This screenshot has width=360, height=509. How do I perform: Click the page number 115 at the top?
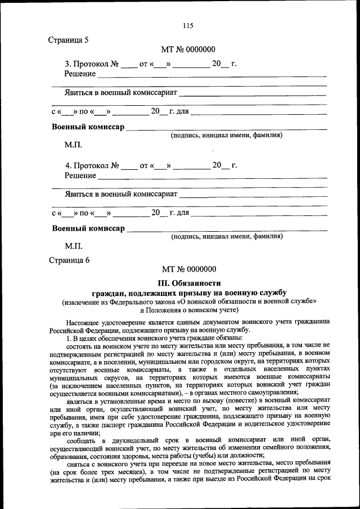click(188, 25)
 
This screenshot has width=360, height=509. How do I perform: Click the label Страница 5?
click(69, 40)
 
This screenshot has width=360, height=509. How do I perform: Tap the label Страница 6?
click(69, 260)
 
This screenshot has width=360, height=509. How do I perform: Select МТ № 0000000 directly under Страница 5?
click(188, 50)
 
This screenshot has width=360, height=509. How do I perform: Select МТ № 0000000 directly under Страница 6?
click(188, 270)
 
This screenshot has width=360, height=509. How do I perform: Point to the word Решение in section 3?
click(80, 74)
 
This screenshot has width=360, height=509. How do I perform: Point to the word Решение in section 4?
click(80, 175)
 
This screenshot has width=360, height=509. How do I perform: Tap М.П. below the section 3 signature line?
click(73, 145)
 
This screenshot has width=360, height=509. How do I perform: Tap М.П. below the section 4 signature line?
click(73, 246)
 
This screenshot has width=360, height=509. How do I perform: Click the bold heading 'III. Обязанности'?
click(188, 282)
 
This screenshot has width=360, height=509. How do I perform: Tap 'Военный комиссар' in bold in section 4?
click(88, 228)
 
